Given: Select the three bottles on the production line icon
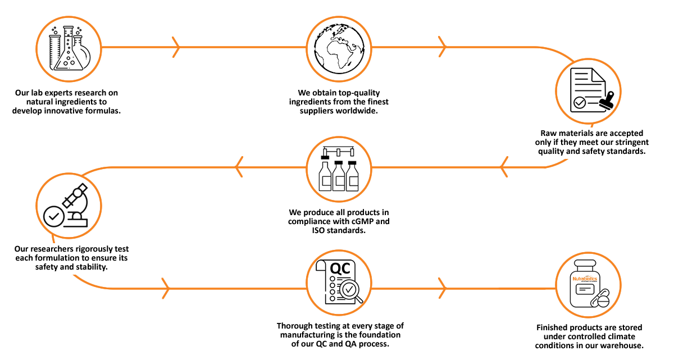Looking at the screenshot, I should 339,174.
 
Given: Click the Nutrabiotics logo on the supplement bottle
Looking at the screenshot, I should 585,279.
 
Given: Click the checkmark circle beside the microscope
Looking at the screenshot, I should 54,216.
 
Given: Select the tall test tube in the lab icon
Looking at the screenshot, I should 54,51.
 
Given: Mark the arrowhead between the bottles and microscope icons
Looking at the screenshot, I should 239,166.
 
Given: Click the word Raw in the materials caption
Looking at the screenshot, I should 548,133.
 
